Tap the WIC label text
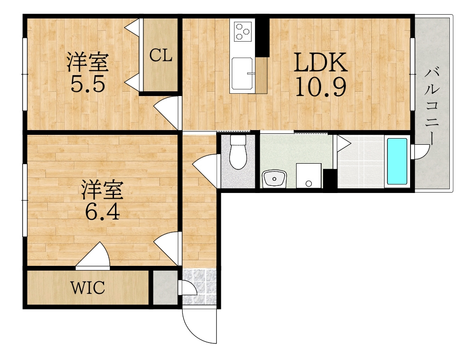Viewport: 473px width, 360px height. pyautogui.click(x=88, y=287)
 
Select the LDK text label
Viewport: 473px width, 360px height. pyautogui.click(x=320, y=62)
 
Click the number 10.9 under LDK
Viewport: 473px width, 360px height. pyautogui.click(x=320, y=87)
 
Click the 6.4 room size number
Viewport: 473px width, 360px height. pyautogui.click(x=102, y=212)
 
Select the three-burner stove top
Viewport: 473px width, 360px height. pyautogui.click(x=242, y=31)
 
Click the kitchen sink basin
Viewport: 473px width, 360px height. pyautogui.click(x=242, y=73)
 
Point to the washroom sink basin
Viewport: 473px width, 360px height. pyautogui.click(x=274, y=179)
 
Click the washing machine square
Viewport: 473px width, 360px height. pyautogui.click(x=308, y=176)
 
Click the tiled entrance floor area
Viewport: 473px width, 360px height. pyautogui.click(x=200, y=286)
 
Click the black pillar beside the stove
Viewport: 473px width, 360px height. pyautogui.click(x=263, y=37)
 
